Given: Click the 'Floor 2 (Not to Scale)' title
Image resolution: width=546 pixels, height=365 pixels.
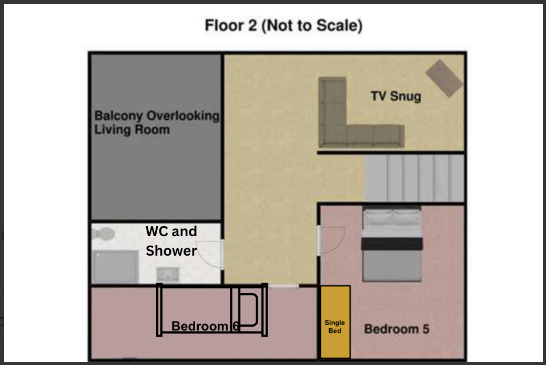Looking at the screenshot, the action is click(284, 25).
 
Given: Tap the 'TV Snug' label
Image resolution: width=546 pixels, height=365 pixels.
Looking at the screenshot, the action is click(396, 96).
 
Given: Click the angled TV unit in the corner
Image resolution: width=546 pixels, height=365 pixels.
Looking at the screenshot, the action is click(444, 78).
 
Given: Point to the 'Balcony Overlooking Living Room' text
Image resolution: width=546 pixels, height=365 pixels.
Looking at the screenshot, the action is click(157, 123).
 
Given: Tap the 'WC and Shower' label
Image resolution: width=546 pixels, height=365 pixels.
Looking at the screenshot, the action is click(172, 241).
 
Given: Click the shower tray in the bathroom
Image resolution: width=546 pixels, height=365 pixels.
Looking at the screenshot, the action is click(115, 267).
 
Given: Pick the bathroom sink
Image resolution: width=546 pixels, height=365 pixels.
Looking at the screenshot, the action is click(167, 274).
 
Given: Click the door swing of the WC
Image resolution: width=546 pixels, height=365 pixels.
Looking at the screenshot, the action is click(209, 254).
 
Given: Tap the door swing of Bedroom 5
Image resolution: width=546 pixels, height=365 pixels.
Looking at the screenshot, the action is click(332, 240).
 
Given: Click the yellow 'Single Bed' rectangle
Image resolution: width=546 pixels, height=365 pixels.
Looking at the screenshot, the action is click(335, 322).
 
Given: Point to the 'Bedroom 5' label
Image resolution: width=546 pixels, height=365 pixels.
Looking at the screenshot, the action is click(397, 329).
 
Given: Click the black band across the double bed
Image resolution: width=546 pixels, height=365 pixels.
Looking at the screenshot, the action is click(392, 244).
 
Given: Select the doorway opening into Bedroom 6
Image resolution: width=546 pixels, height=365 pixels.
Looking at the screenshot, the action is click(284, 286).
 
